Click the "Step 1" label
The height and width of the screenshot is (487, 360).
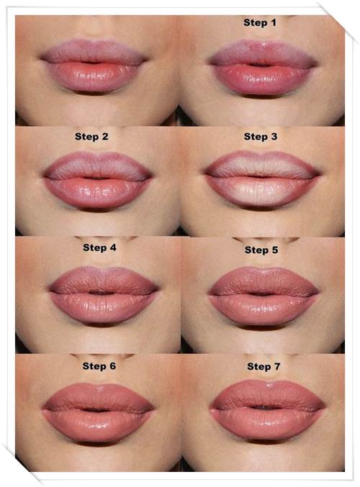pyautogui.click(x=260, y=23)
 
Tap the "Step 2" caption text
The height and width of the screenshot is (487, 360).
pyautogui.click(x=91, y=137)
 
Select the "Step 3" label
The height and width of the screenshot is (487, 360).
pyautogui.click(x=261, y=137)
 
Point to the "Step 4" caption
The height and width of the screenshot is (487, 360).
pyautogui.click(x=99, y=247)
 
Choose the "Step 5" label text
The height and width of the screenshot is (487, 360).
pyautogui.click(x=261, y=250)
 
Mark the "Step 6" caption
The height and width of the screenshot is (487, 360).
pyautogui.click(x=99, y=366)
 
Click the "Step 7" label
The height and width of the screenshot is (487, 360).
pyautogui.click(x=264, y=366)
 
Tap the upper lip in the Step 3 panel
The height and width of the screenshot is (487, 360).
pyautogui.click(x=262, y=165)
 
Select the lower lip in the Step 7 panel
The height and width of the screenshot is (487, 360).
pyautogui.click(x=267, y=423)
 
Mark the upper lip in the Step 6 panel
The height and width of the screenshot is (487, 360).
pyautogui.click(x=98, y=397)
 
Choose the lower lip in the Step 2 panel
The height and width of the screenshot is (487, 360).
pyautogui.click(x=97, y=193)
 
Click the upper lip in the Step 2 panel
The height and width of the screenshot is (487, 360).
pyautogui.click(x=98, y=166)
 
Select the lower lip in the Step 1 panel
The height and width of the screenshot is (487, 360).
pyautogui.click(x=263, y=80)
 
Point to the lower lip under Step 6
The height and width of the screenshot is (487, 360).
pyautogui.click(x=97, y=426)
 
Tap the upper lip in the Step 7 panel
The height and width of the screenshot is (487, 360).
pyautogui.click(x=268, y=394)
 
